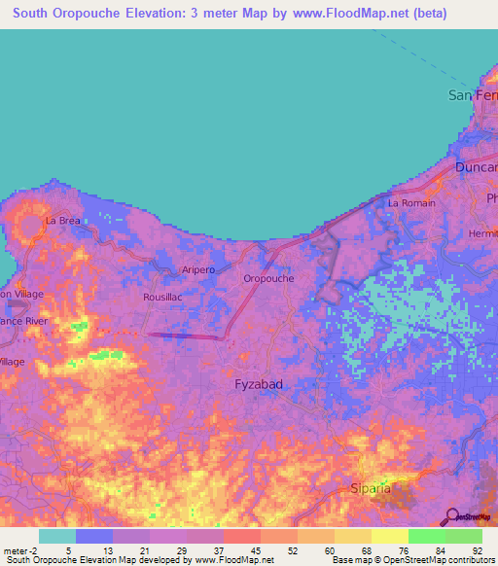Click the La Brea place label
click(x=62, y=221)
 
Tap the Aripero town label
click(x=197, y=269)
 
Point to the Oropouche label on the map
click(x=267, y=278)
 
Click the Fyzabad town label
click(x=259, y=384)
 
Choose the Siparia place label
click(x=371, y=488)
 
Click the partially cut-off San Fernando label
click(x=472, y=95)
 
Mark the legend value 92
click(x=476, y=549)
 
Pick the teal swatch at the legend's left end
click(x=57, y=536)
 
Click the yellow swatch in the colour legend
click(x=389, y=536)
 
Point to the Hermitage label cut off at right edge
click(x=482, y=234)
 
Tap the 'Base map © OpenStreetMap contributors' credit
click(x=411, y=560)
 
